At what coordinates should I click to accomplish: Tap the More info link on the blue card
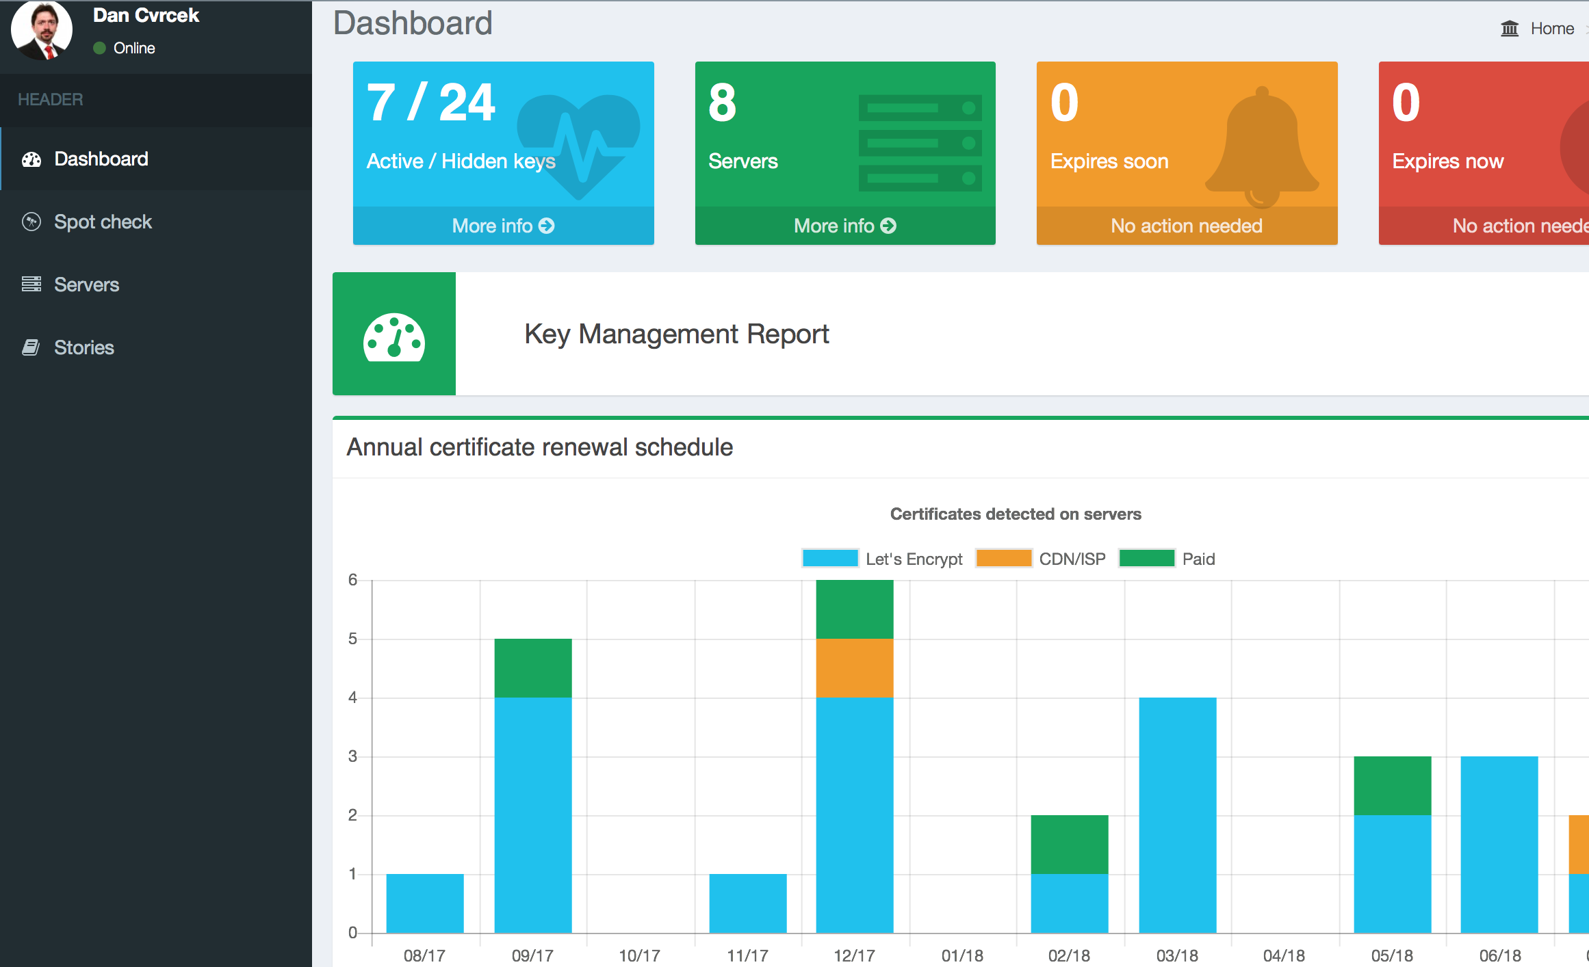[503, 226]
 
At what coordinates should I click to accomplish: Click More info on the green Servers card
[845, 226]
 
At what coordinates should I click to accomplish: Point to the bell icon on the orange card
[1262, 147]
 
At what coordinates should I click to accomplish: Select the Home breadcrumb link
[1552, 29]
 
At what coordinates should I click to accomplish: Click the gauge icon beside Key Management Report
[394, 336]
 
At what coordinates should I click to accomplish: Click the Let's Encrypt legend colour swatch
[830, 558]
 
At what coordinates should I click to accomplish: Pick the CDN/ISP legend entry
[1041, 558]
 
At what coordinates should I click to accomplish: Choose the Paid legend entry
[1167, 558]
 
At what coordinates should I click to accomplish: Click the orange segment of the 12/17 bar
[855, 668]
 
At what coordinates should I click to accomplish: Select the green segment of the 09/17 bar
[533, 668]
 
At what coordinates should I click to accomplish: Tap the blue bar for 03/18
[1178, 815]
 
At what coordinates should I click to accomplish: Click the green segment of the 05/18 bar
[1393, 786]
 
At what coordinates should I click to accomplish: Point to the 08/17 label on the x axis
[424, 955]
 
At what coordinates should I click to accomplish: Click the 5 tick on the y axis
[352, 639]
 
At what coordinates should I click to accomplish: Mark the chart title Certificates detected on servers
[1016, 514]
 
